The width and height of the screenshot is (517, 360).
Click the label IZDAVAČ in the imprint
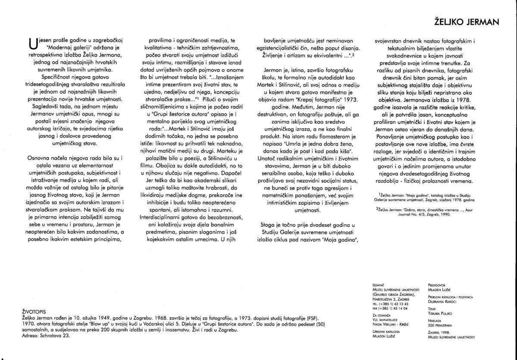378,285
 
